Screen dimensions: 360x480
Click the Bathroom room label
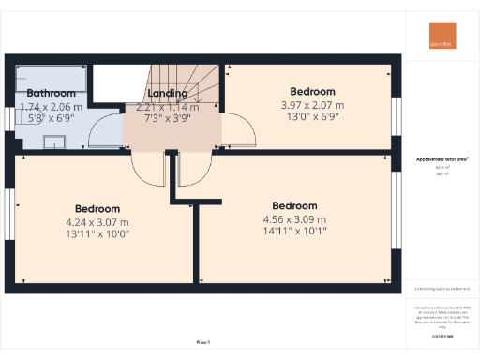tap(51, 94)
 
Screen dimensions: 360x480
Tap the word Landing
tap(168, 94)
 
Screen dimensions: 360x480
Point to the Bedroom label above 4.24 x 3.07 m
tap(97, 208)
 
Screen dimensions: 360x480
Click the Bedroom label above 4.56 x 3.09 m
tap(294, 206)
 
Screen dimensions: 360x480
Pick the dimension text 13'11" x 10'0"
tap(97, 235)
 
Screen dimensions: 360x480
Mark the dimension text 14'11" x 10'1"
tap(294, 233)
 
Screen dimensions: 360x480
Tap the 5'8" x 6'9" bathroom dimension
tap(52, 119)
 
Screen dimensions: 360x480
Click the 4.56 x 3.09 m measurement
tap(294, 220)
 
